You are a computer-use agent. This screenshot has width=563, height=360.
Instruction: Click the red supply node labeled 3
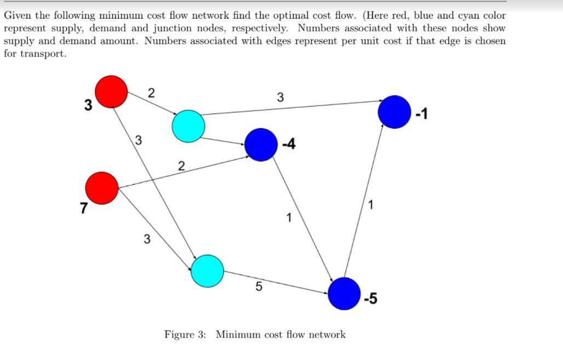112,91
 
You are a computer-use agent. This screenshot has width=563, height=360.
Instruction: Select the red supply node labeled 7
102,188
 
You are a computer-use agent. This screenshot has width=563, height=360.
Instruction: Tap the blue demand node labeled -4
261,145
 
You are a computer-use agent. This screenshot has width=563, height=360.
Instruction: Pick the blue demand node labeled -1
394,112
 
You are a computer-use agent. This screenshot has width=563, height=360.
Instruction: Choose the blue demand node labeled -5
344,294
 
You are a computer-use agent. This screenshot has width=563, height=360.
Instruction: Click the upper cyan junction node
188,126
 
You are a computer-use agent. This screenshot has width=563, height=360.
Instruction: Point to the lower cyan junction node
208,271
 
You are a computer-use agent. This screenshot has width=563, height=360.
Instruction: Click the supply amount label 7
83,208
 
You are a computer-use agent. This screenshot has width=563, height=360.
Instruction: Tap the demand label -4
289,145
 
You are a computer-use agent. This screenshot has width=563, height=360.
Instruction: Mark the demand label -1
421,115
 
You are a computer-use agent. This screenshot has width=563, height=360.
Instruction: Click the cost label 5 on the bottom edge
259,287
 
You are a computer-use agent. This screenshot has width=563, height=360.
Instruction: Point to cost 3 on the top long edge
280,98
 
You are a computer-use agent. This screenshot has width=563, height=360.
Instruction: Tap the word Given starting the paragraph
18,15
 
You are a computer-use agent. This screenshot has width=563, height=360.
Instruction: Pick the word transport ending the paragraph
42,54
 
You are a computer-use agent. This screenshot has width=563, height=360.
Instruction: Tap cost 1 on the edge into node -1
372,206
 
